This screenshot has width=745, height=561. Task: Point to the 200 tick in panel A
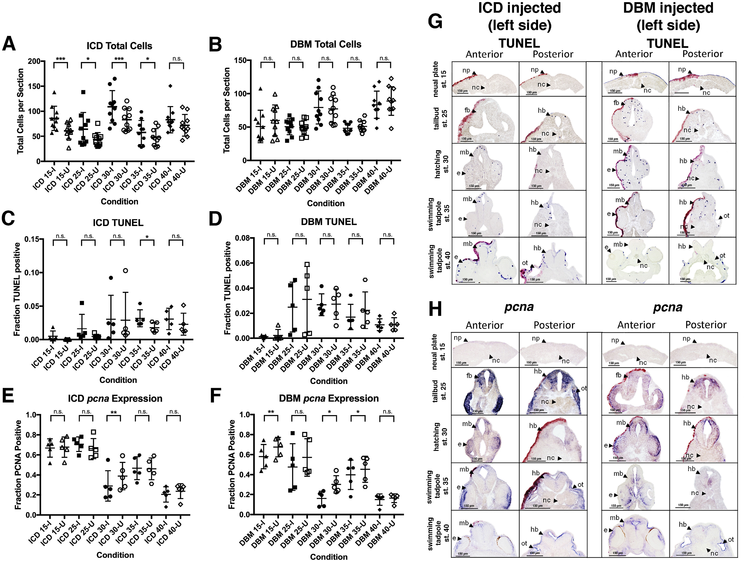[34, 61]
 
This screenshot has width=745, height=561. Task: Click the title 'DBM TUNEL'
[329, 222]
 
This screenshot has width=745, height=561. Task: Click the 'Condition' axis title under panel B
[326, 203]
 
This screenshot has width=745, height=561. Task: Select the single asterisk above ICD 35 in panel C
[147, 237]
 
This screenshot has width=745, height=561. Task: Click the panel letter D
[215, 220]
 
